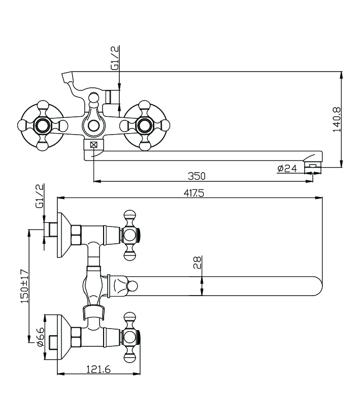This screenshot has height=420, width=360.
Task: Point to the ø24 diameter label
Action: (287, 169)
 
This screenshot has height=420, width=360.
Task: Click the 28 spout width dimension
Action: (197, 262)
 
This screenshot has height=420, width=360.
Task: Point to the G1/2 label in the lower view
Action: (39, 197)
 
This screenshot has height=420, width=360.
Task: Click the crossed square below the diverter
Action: (93, 145)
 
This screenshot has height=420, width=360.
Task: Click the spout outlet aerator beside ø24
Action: (312, 165)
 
